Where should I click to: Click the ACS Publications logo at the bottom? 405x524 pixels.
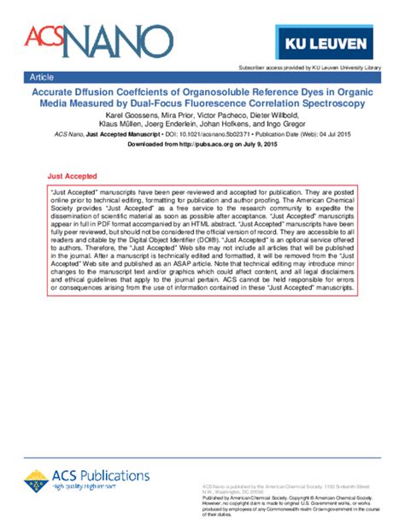(96, 476)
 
